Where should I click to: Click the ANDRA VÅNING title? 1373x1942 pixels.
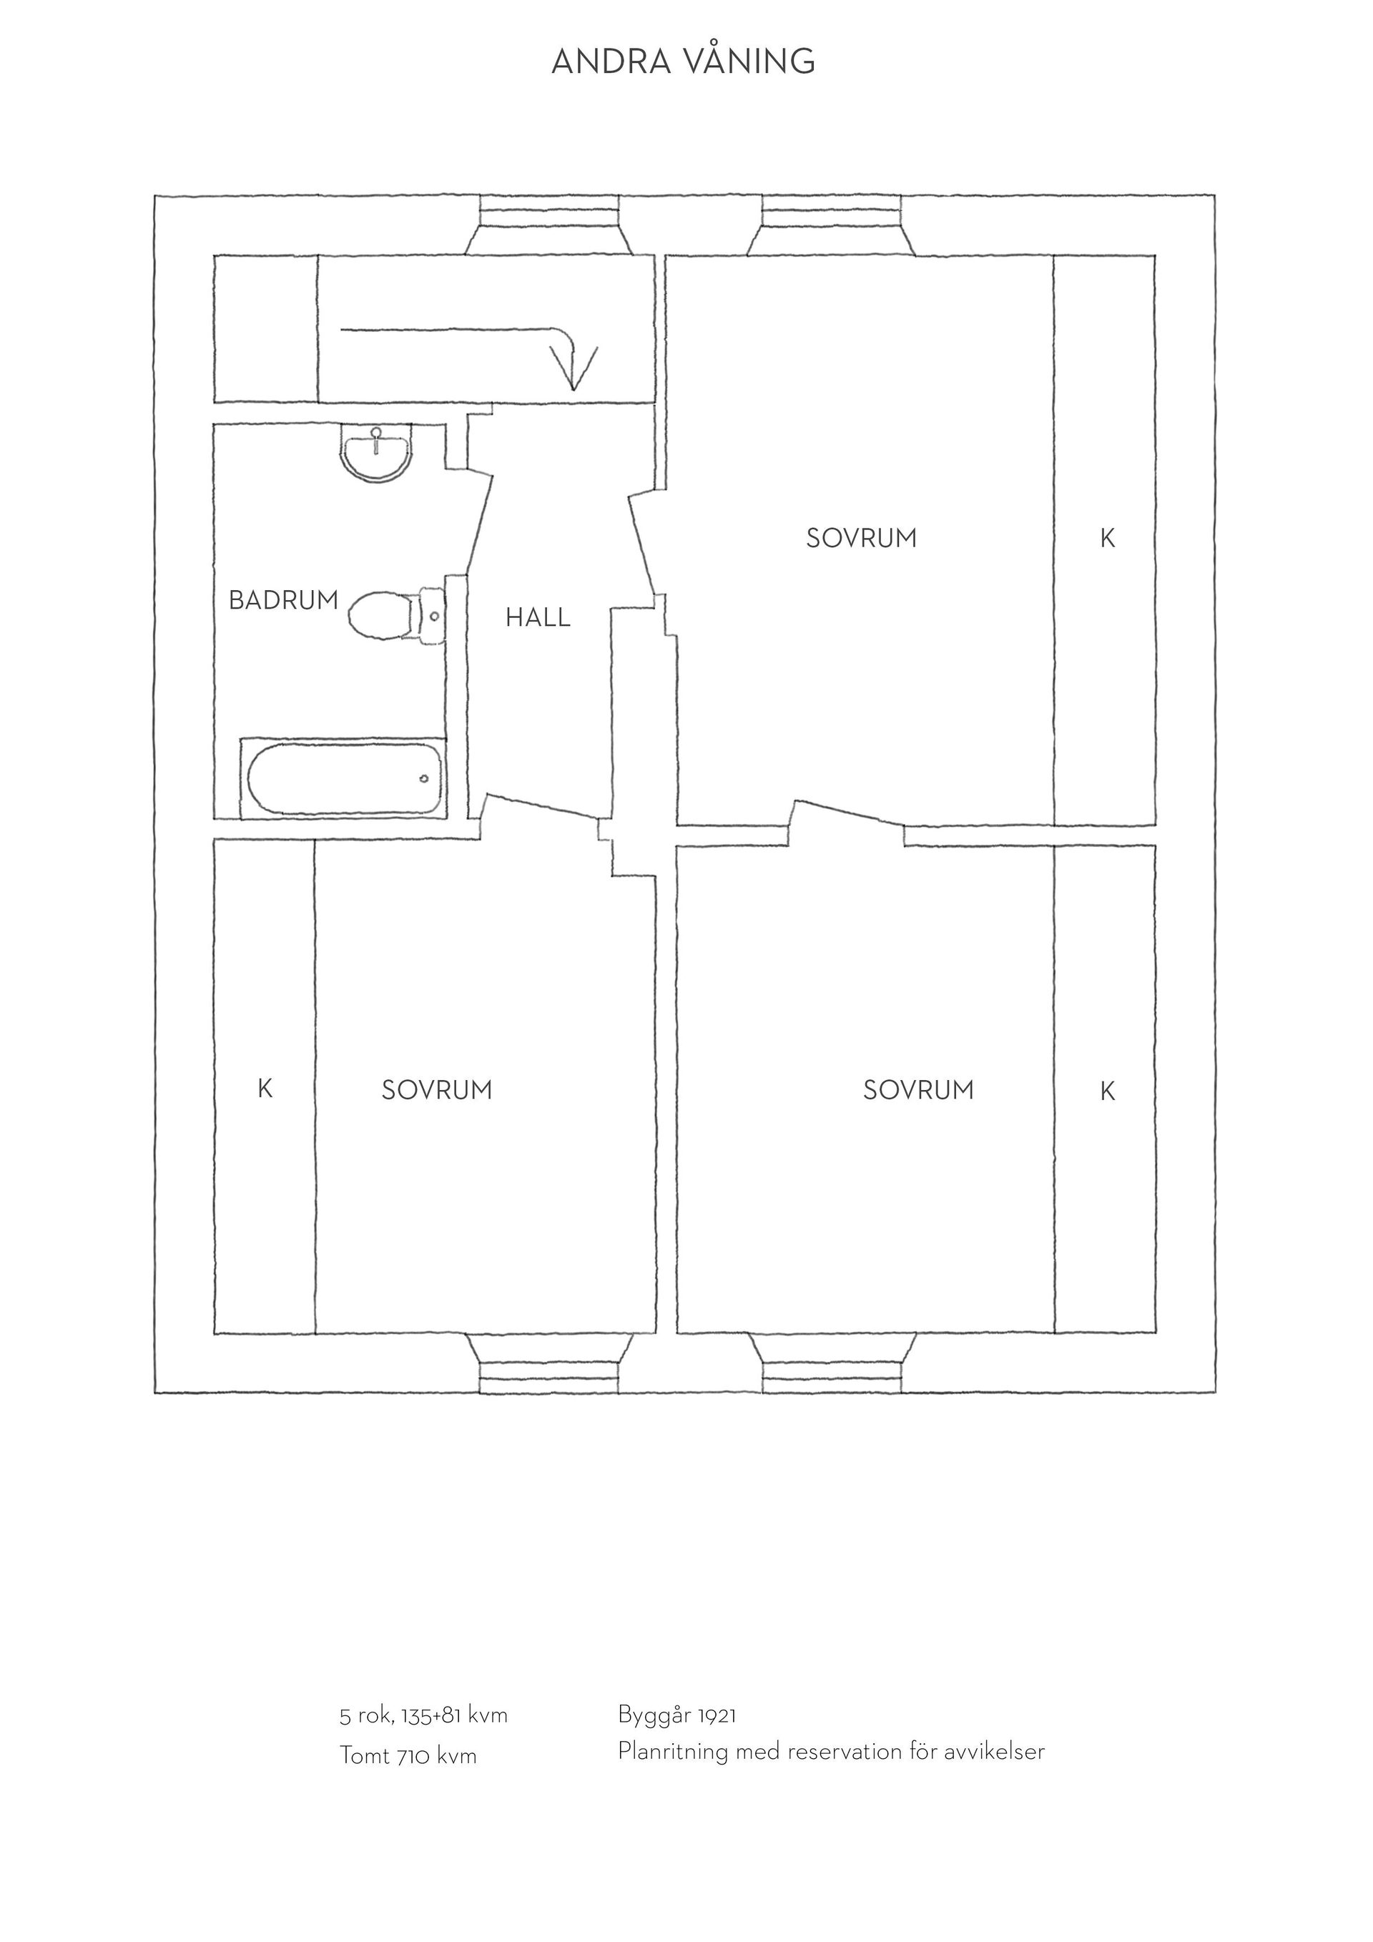[x=683, y=61]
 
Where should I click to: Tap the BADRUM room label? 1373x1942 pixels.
[x=283, y=601]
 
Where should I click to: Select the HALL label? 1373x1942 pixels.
[x=538, y=617]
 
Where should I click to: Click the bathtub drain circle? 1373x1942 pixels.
[x=423, y=778]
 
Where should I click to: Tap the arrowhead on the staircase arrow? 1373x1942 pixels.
[x=574, y=368]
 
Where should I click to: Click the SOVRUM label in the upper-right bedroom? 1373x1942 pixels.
[x=861, y=538]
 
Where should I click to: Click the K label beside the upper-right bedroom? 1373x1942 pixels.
[x=1108, y=538]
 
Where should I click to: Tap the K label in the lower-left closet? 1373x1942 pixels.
[x=265, y=1089]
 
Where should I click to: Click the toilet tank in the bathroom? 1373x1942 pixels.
[x=430, y=617]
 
